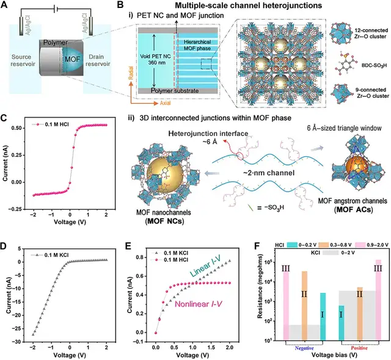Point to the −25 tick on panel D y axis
20,329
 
